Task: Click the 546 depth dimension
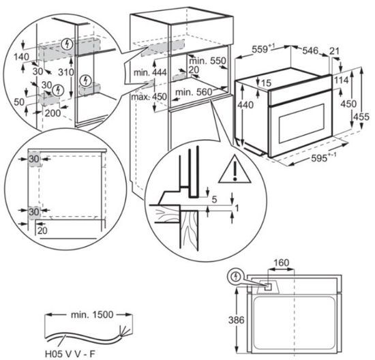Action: pyautogui.click(x=310, y=50)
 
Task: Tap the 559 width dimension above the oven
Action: pyautogui.click(x=262, y=50)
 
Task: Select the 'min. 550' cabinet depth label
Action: pyautogui.click(x=207, y=61)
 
